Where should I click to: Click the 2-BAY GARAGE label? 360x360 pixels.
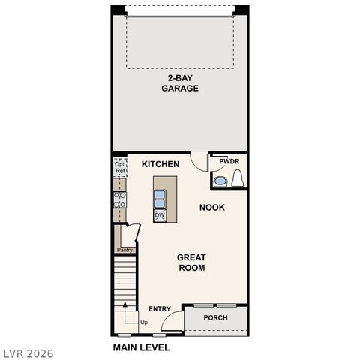coord(180,82)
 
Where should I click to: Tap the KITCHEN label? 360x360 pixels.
coord(160,164)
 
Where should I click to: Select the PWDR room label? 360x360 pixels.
coord(229,162)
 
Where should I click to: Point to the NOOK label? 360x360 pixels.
coord(212,207)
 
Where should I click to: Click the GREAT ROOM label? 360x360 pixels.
coord(191,262)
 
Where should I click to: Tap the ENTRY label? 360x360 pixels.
coord(159,309)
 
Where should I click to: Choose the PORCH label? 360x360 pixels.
coord(216,318)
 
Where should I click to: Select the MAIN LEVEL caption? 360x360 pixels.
coord(141,347)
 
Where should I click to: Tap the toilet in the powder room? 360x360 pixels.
coord(238,179)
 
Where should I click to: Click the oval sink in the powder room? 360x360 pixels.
coord(220,181)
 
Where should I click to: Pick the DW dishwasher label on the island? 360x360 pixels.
coord(160,215)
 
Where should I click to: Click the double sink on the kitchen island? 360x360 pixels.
coord(160,198)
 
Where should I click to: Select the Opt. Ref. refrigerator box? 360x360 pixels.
coord(120,169)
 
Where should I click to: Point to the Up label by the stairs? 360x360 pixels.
coord(143,322)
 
